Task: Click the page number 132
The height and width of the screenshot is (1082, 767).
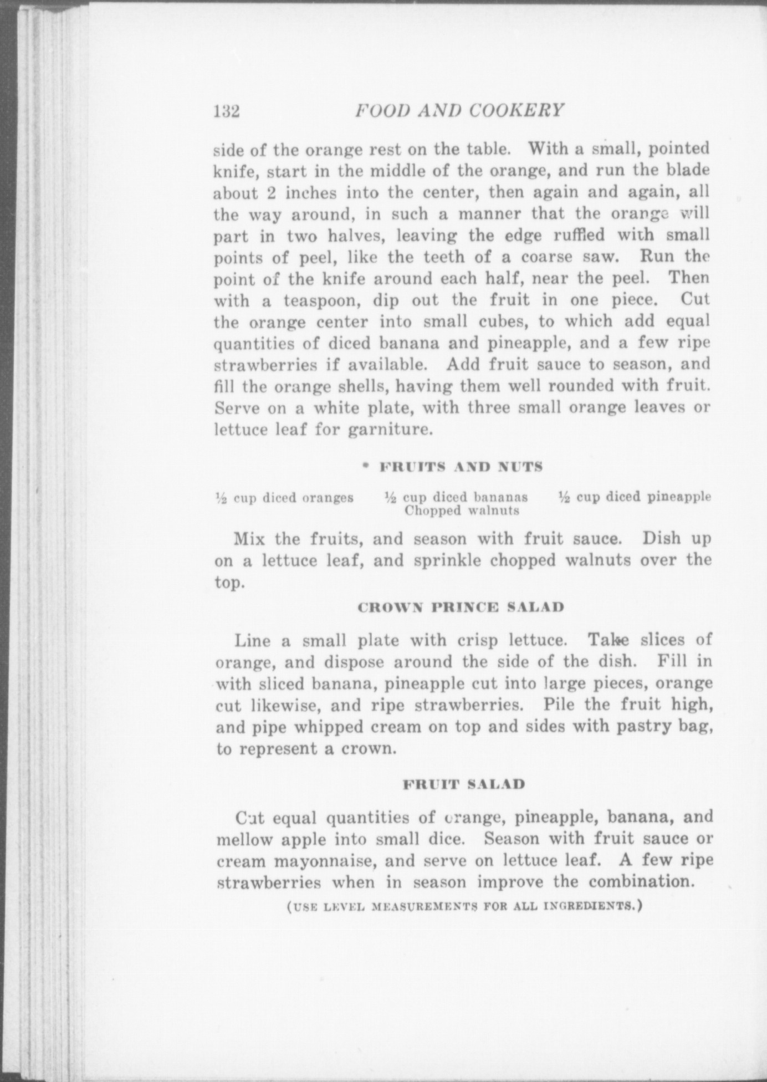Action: pos(226,111)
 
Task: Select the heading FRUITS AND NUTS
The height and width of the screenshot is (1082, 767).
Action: pos(461,467)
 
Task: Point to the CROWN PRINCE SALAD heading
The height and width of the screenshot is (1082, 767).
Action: pos(461,607)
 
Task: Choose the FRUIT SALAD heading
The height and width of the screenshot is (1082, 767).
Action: pos(463,784)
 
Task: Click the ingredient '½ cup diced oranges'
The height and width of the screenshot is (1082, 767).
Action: pos(284,498)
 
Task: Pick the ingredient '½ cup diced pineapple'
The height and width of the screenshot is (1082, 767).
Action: pos(635,497)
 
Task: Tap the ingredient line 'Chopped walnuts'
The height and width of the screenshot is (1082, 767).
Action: pos(462,511)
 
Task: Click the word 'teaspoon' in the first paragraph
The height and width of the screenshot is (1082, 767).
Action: pos(320,301)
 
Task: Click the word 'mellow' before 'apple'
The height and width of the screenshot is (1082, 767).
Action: pos(244,839)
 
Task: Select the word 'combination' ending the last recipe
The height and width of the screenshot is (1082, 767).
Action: pos(641,881)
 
